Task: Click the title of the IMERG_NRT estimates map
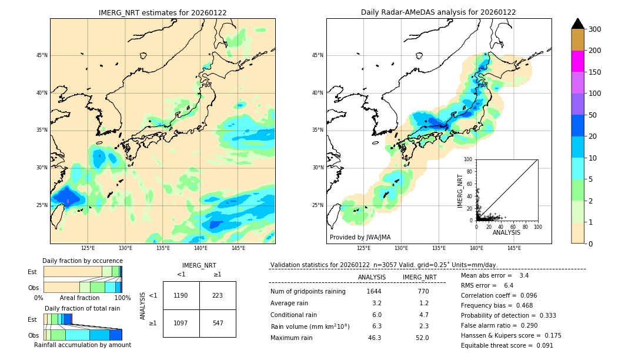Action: tap(162, 12)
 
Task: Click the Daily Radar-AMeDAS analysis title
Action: tap(439, 12)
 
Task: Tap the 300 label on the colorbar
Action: tap(594, 29)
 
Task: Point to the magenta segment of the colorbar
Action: tap(577, 61)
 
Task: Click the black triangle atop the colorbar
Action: tap(577, 24)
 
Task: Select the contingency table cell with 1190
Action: tap(181, 295)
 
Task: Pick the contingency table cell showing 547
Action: tap(218, 324)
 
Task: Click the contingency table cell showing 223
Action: tap(218, 295)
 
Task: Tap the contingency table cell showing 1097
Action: tap(181, 324)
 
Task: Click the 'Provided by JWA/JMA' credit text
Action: tap(360, 238)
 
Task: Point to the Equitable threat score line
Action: tap(507, 345)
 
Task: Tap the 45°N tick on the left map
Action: tap(42, 55)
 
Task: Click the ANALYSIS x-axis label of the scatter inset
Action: tap(506, 232)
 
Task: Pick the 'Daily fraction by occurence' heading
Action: tap(82, 261)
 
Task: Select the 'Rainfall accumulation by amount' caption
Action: tap(82, 345)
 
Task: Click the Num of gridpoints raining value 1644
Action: tap(374, 291)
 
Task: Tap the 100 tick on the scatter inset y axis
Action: tap(469, 159)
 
